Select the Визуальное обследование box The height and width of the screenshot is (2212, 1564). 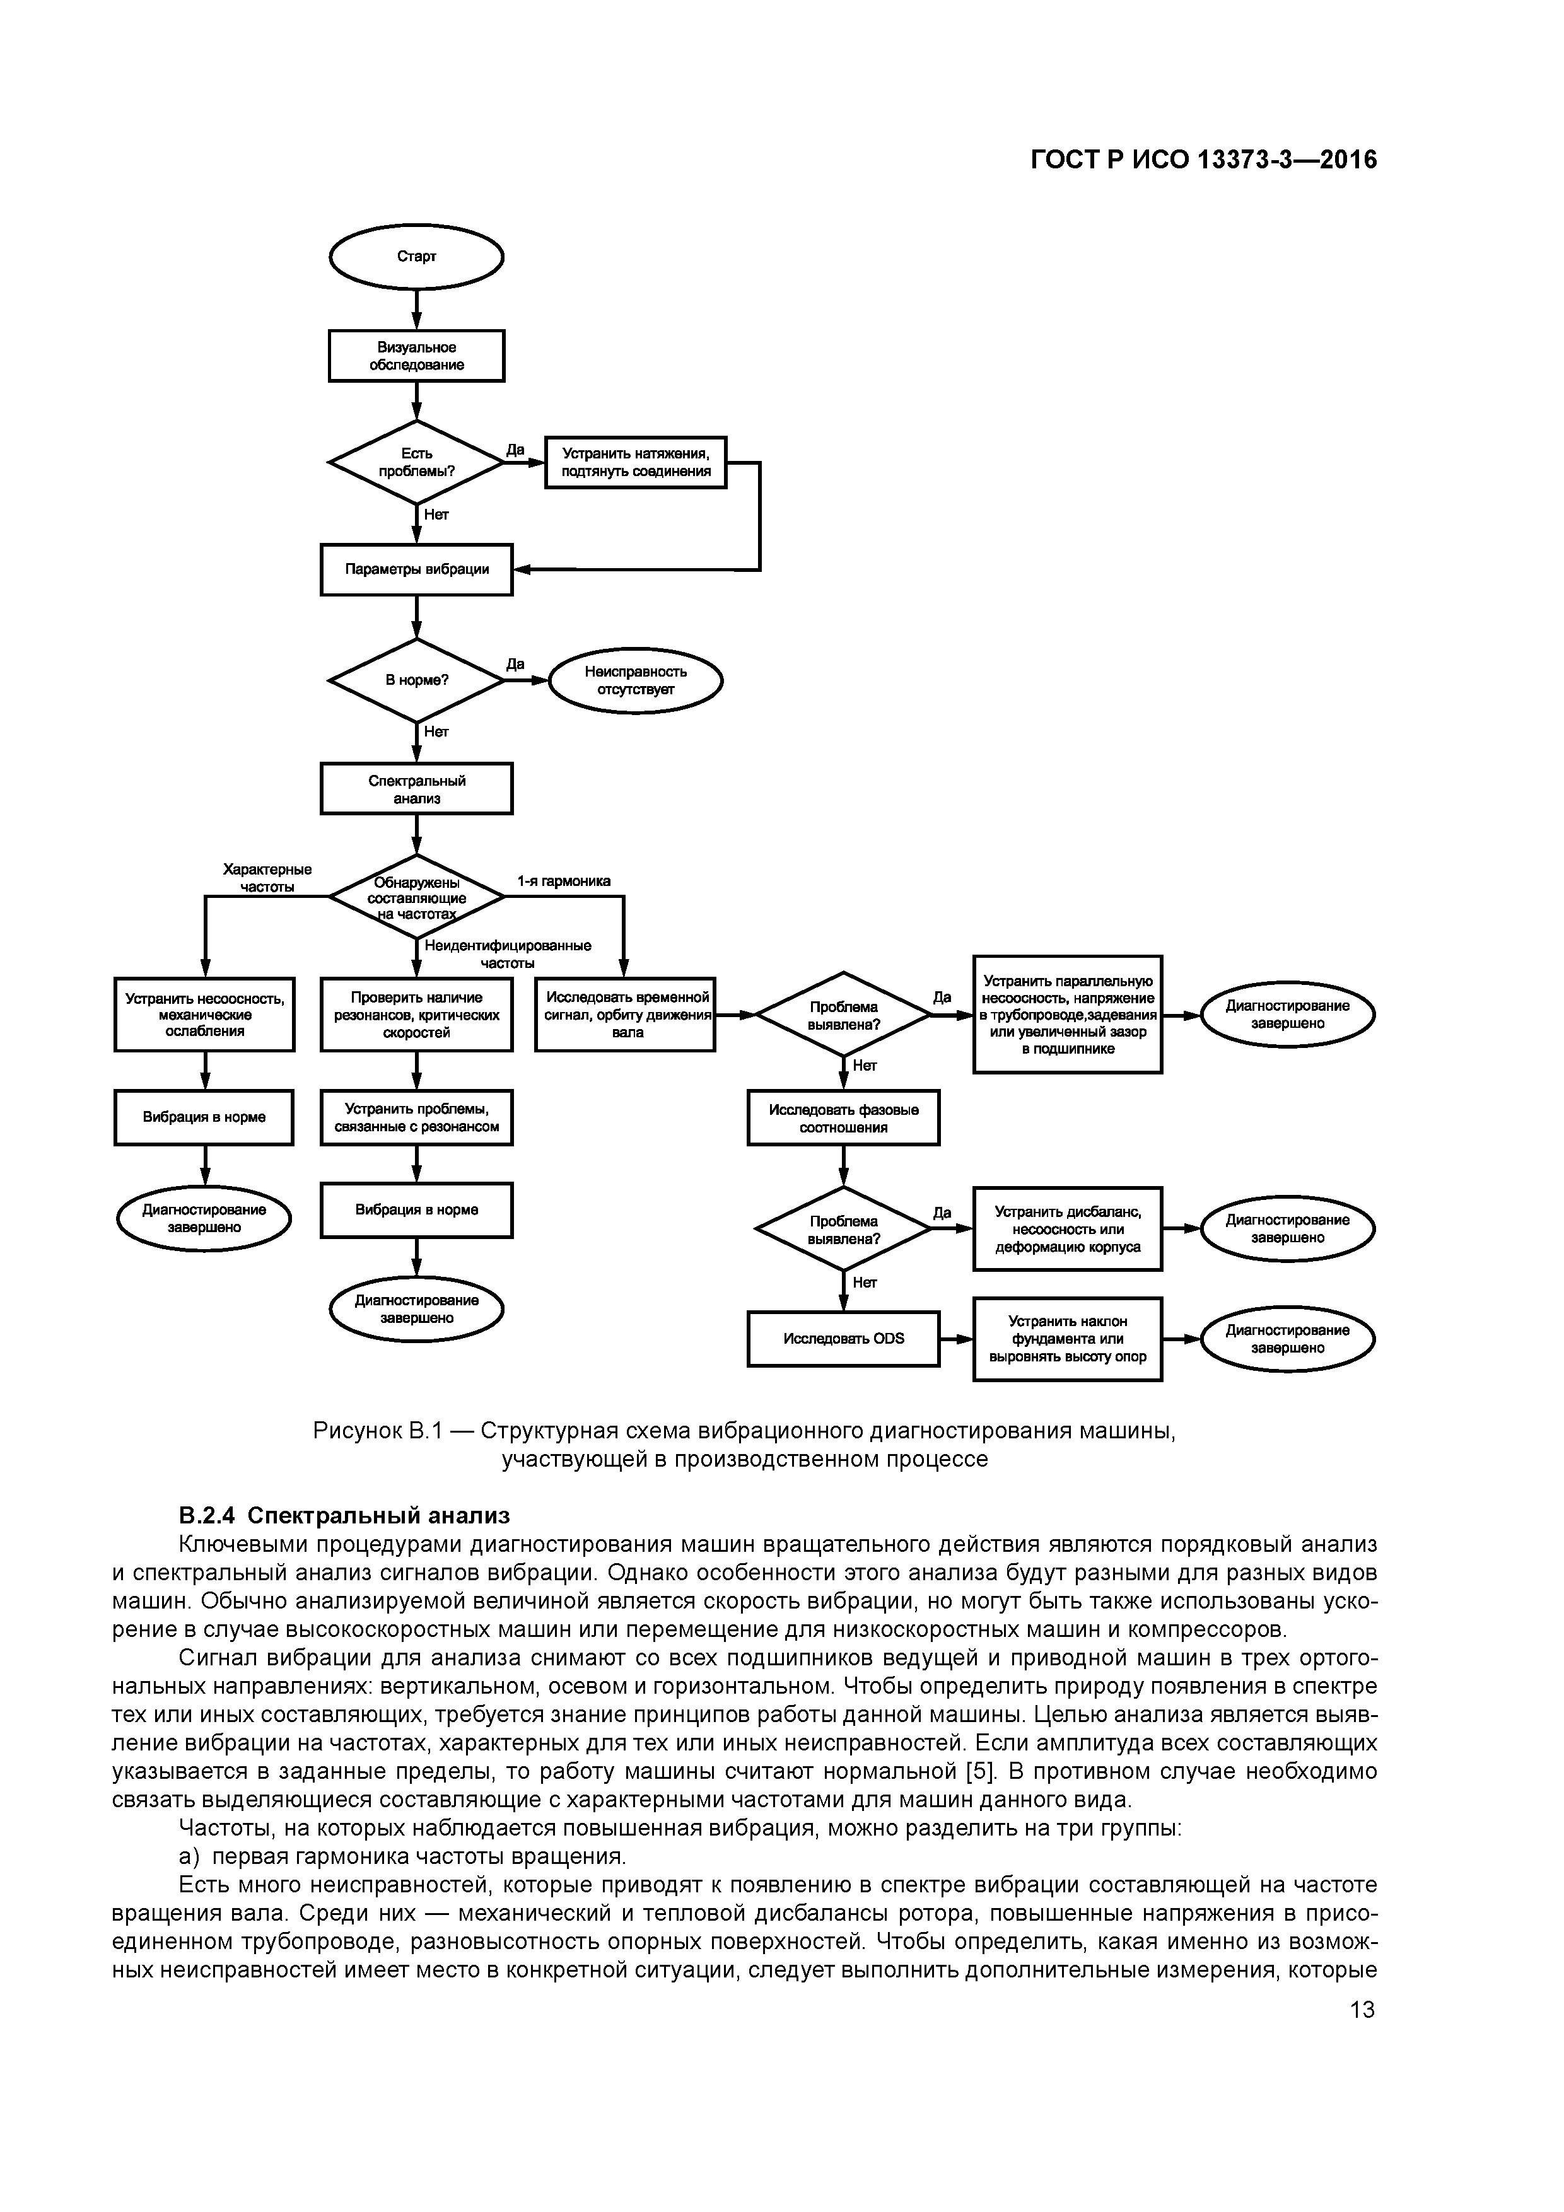point(416,356)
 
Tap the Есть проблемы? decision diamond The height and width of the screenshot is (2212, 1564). point(416,462)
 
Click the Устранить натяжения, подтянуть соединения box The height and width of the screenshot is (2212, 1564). point(635,462)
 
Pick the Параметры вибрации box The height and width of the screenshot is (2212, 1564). point(416,569)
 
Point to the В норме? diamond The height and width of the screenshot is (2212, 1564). point(416,680)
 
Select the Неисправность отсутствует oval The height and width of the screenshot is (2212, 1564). point(635,680)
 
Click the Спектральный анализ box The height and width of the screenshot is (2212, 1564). point(416,789)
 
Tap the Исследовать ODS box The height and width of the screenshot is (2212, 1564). point(843,1338)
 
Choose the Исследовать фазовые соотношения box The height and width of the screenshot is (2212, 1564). point(843,1117)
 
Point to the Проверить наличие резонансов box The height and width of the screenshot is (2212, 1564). point(416,1015)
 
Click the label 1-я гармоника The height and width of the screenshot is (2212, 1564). point(564,880)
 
